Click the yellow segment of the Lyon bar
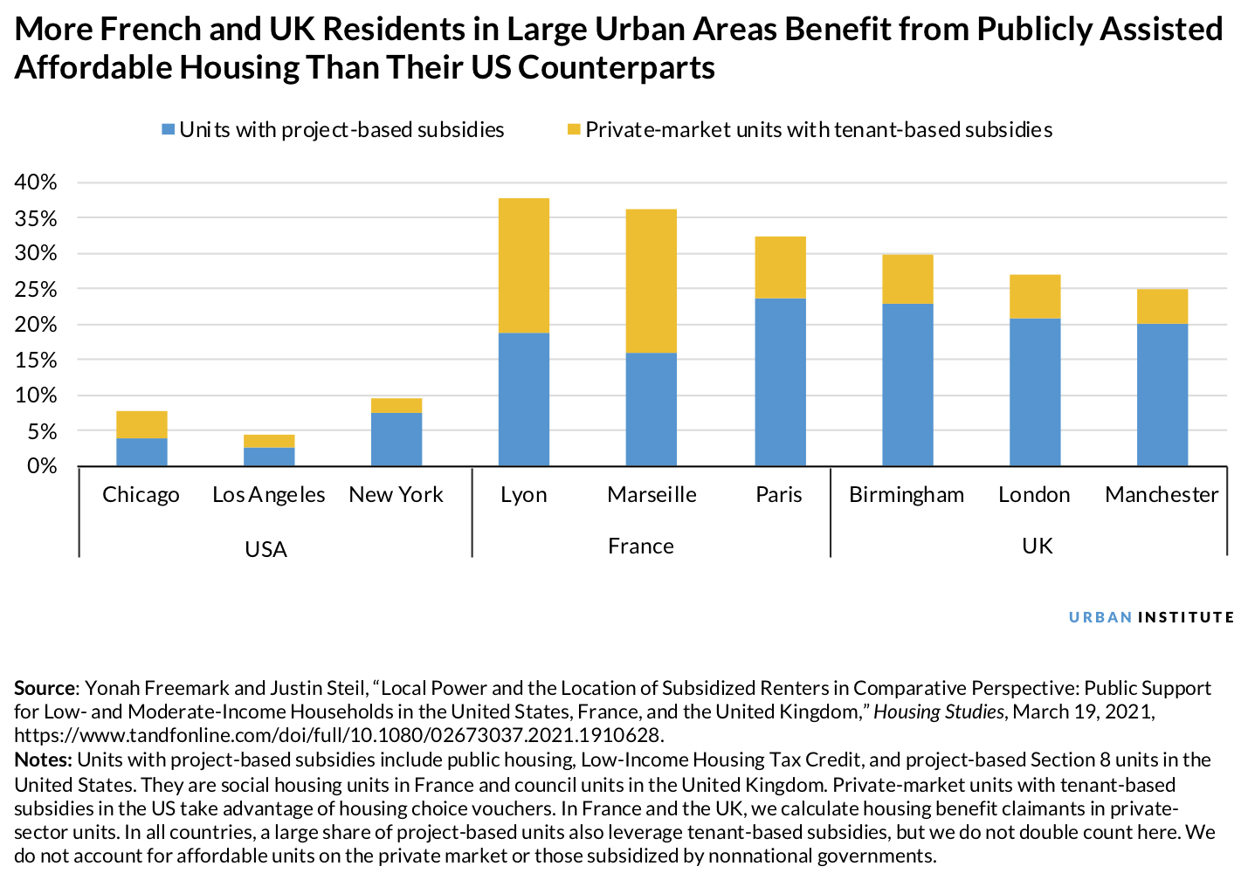point(523,265)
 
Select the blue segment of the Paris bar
point(779,382)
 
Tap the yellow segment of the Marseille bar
point(651,280)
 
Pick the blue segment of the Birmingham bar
point(907,384)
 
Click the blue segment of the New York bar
point(396,439)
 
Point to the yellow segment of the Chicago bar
point(141,424)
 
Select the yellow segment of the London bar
point(1034,297)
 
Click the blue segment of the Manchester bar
point(1162,395)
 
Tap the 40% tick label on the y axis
point(36,182)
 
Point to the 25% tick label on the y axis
point(36,289)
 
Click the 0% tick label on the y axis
point(40,466)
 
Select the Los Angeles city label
point(268,495)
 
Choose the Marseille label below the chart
point(652,495)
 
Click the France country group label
point(640,546)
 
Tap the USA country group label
point(265,549)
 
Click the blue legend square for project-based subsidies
point(169,130)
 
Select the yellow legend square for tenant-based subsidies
point(574,130)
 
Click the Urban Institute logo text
point(1151,617)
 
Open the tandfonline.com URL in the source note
point(338,734)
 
